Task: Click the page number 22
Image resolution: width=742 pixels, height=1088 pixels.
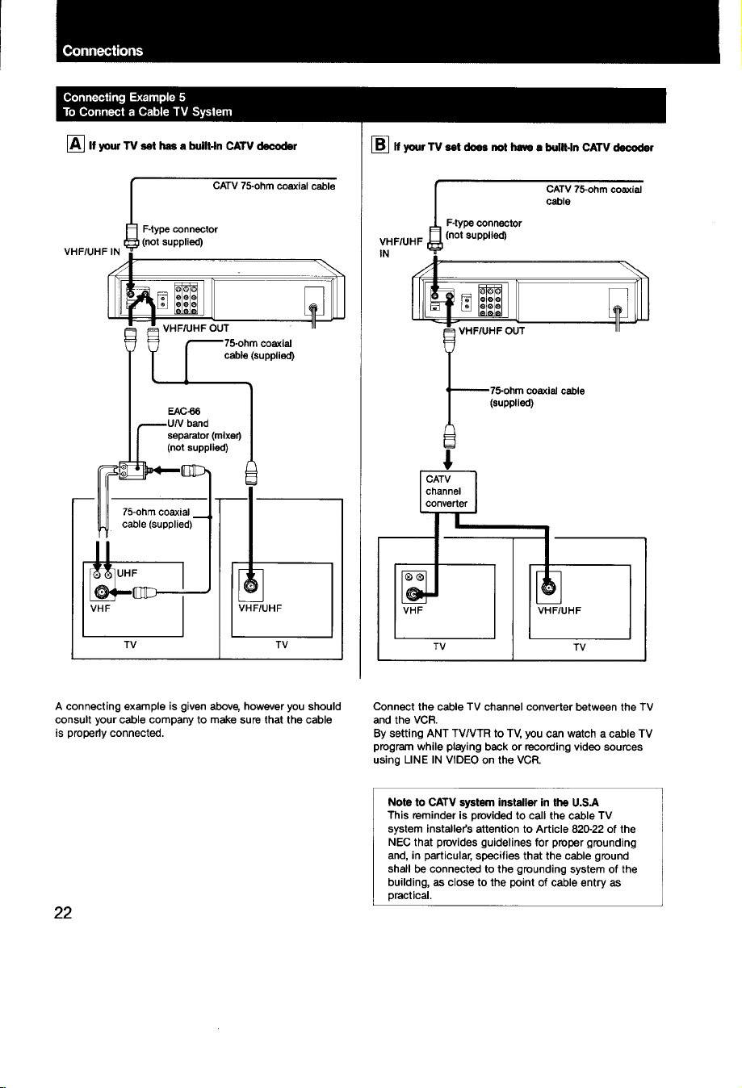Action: click(63, 913)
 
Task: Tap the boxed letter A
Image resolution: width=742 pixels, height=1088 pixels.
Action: click(75, 144)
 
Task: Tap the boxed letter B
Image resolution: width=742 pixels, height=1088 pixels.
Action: click(380, 144)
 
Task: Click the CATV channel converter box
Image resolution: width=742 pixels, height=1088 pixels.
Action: click(448, 492)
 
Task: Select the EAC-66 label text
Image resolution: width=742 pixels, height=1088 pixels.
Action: click(183, 412)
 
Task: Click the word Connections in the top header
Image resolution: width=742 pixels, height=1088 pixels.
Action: click(103, 51)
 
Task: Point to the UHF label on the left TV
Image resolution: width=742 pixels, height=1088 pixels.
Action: click(127, 573)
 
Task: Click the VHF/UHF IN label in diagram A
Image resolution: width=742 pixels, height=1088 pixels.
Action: click(92, 252)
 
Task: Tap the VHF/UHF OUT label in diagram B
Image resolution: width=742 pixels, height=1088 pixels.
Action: click(492, 331)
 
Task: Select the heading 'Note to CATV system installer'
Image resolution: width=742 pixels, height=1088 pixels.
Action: click(493, 802)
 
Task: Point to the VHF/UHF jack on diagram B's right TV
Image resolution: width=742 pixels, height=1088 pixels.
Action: click(548, 588)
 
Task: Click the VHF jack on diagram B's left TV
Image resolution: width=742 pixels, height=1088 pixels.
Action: click(413, 594)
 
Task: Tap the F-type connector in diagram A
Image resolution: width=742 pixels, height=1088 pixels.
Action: click(131, 236)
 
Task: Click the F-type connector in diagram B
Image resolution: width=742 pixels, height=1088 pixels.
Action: click(435, 237)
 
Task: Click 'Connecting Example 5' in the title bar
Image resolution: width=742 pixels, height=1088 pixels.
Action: click(124, 97)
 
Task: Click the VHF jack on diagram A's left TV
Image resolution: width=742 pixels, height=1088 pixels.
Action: click(102, 592)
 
